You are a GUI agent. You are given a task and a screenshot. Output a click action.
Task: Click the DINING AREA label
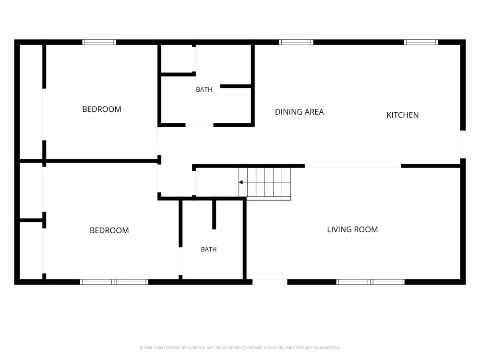[299, 112]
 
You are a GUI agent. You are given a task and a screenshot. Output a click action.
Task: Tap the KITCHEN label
[403, 115]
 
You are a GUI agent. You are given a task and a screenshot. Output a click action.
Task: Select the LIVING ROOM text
[352, 229]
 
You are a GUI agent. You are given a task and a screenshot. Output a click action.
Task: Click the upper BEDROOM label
[102, 109]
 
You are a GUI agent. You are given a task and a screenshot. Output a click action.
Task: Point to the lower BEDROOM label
[109, 230]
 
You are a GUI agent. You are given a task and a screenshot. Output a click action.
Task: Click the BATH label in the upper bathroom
[204, 90]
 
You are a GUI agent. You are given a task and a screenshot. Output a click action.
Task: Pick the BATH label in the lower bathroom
[209, 250]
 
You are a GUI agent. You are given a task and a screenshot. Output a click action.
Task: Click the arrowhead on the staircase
[241, 182]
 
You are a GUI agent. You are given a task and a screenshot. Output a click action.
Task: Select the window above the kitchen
[421, 42]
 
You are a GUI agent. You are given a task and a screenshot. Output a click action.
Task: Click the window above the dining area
[296, 42]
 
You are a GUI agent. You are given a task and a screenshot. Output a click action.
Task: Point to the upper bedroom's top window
[99, 42]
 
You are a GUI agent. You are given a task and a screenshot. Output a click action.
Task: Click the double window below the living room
[371, 282]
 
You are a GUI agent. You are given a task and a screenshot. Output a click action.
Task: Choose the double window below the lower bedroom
[114, 282]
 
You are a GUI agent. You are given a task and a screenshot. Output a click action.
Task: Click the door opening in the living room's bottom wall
[270, 282]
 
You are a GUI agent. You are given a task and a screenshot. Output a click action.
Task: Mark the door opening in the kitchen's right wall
[463, 144]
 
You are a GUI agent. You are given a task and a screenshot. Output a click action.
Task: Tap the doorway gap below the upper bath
[199, 125]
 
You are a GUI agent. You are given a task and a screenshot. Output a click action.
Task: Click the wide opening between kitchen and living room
[353, 166]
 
